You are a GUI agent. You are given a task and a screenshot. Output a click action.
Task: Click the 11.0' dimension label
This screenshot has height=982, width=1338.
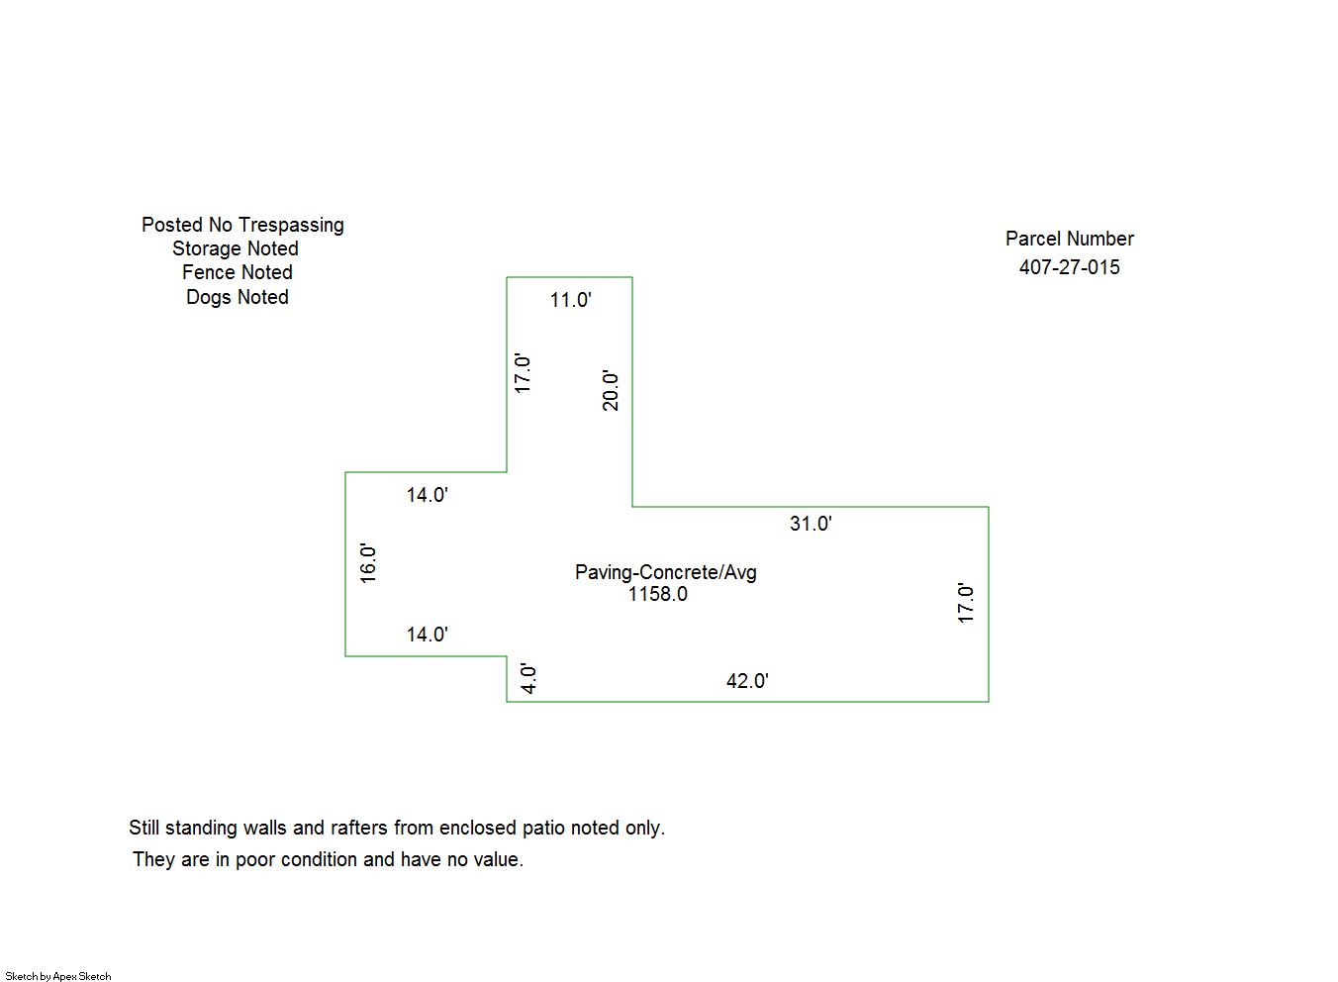click(x=570, y=300)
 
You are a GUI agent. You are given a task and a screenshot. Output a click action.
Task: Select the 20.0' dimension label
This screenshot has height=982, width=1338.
click(x=611, y=391)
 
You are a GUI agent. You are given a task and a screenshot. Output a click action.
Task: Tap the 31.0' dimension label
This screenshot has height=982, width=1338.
click(x=811, y=524)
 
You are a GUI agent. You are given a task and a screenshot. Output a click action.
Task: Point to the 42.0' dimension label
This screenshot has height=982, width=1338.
click(x=747, y=681)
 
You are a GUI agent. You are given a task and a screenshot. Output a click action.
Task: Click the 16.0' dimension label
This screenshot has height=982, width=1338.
click(x=368, y=563)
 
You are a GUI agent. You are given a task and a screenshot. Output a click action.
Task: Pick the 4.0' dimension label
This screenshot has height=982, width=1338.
click(x=528, y=679)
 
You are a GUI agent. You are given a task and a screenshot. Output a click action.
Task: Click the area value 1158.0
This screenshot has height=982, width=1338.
click(x=658, y=594)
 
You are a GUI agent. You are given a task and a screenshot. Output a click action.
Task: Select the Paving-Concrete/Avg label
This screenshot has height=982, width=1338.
click(x=665, y=572)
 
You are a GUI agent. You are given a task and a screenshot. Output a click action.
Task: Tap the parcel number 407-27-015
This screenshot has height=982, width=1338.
click(x=1069, y=267)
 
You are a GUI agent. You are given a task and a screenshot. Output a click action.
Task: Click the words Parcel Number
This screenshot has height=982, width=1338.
click(x=1069, y=239)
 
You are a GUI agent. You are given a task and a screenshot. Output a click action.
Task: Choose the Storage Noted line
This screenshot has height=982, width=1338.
click(x=236, y=248)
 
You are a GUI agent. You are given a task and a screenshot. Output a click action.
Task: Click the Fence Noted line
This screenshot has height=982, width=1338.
click(x=238, y=272)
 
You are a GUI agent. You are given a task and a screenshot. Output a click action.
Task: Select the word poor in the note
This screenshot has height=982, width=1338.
click(x=255, y=859)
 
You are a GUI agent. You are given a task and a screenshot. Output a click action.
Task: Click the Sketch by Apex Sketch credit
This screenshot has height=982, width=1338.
click(x=58, y=976)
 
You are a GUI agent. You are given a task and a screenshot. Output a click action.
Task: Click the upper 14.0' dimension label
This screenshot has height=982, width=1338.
click(x=427, y=495)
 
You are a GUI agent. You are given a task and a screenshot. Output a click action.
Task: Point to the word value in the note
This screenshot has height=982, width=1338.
click(x=496, y=859)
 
